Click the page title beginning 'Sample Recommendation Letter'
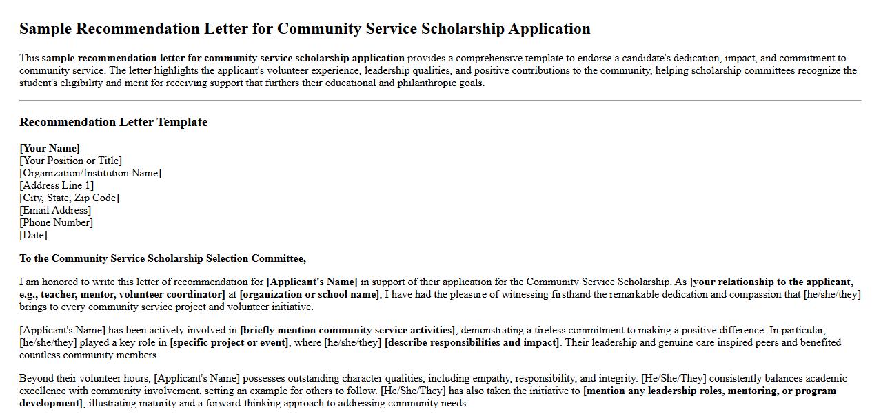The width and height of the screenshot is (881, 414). pos(305,29)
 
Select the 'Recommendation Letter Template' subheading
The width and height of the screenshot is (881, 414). pos(113,123)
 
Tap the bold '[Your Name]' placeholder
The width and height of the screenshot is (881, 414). pos(50,148)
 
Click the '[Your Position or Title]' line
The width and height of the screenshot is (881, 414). pos(70,161)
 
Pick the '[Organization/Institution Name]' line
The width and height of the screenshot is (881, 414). pos(90,173)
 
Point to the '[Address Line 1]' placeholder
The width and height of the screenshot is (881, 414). pos(57,185)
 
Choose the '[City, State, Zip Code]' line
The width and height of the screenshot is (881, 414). pos(69,198)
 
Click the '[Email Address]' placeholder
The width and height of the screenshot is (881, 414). pos(55,210)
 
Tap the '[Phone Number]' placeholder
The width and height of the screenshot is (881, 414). pos(56,222)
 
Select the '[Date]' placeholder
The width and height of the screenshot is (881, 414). pos(33,235)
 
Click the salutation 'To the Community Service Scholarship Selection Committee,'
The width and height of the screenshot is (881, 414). pos(163,258)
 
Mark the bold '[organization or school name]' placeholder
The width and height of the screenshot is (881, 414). pos(310,294)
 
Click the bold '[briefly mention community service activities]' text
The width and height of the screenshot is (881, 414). pos(347,330)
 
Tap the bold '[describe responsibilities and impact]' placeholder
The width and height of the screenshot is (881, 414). pos(472,342)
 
